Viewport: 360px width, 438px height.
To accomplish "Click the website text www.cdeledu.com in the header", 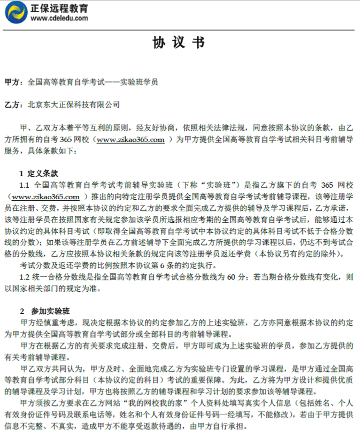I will (59, 19).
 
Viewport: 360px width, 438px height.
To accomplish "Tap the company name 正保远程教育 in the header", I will (59, 8).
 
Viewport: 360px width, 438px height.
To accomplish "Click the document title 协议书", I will (179, 43).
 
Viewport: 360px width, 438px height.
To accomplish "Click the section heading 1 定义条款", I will (38, 174).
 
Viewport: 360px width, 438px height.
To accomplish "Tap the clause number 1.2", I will (25, 276).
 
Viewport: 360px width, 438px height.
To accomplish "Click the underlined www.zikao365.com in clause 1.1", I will (45, 197).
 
